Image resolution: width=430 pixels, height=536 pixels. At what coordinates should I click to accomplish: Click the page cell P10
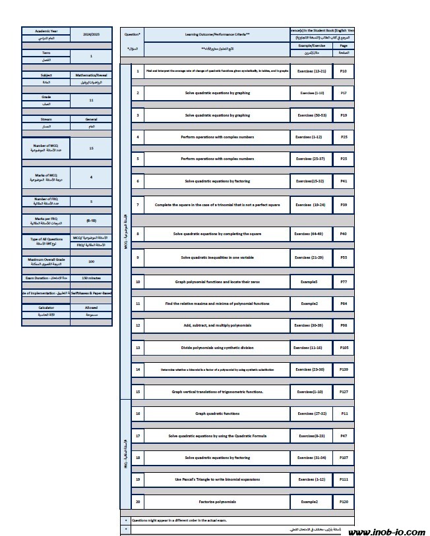pos(344,70)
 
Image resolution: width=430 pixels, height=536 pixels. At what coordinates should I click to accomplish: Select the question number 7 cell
pos(138,205)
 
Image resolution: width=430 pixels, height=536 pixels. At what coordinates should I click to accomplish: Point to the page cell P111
pos(344,479)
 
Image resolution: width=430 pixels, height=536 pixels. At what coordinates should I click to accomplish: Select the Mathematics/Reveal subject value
pos(91,75)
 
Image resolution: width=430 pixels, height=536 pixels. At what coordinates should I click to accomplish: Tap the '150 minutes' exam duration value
pos(91,279)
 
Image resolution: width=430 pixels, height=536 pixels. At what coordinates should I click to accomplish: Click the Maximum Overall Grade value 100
pos(91,261)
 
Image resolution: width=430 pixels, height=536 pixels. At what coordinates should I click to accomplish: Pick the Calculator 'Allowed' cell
pos(91,308)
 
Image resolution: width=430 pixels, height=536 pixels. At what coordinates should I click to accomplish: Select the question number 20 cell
pos(138,502)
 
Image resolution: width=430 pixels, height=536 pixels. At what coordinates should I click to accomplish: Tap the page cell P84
pos(344,303)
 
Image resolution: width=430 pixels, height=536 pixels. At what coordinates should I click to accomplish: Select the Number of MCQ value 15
pos(91,149)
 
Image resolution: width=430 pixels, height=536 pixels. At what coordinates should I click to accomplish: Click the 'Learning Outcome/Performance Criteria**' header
pos(217,32)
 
